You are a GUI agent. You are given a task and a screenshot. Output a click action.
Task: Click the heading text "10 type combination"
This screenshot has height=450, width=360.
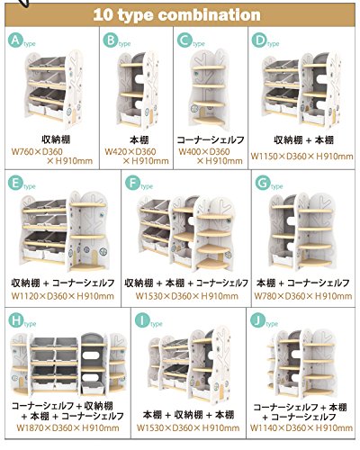[176, 15]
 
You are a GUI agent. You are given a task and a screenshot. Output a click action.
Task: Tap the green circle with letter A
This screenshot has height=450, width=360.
[15, 40]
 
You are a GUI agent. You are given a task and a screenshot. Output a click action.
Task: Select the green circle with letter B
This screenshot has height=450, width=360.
[110, 40]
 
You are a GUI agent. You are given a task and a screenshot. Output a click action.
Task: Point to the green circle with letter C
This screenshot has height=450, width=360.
[184, 40]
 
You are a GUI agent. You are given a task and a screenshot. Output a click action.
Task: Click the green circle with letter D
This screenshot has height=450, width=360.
[258, 40]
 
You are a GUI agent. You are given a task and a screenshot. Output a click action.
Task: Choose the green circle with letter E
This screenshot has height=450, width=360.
[15, 183]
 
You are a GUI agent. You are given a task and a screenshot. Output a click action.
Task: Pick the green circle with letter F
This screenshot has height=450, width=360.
[132, 183]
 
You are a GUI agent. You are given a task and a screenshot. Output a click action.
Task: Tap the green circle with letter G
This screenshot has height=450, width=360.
[263, 183]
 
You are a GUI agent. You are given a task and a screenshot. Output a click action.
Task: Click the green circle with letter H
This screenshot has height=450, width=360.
[16, 320]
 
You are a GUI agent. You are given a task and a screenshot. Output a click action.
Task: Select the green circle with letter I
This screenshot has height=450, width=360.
[142, 320]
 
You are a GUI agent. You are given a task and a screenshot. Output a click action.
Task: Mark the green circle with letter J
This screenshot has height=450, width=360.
[257, 320]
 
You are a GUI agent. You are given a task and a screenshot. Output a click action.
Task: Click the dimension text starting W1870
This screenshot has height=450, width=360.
[67, 427]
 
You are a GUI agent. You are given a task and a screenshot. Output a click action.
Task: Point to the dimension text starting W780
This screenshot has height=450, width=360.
[303, 296]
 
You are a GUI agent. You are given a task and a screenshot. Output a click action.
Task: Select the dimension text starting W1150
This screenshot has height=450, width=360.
[301, 157]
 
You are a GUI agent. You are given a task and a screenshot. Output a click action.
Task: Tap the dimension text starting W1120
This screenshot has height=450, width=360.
[63, 296]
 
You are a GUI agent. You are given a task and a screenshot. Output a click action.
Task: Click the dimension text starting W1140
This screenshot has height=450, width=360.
[301, 427]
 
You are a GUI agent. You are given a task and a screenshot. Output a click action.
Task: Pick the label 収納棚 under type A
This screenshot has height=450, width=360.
[56, 139]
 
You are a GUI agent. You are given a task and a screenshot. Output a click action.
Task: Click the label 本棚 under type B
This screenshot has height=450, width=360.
[139, 139]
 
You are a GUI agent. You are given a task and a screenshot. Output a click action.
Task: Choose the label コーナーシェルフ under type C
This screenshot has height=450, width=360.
[211, 139]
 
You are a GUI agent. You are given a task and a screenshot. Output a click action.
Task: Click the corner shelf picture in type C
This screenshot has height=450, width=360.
[209, 88]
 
